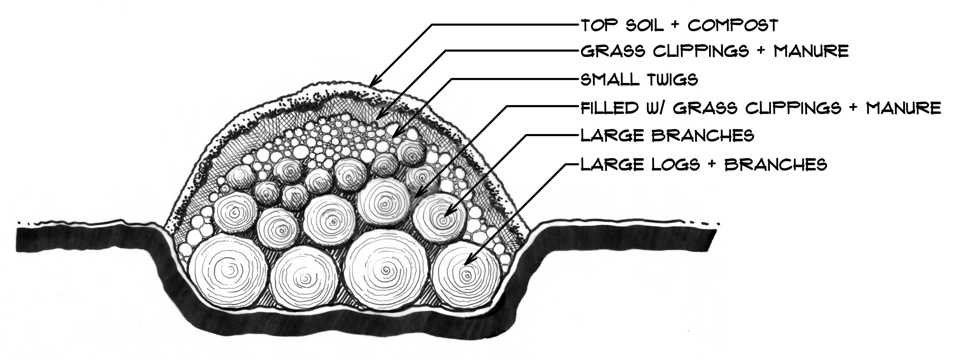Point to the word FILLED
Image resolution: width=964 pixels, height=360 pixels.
click(x=609, y=108)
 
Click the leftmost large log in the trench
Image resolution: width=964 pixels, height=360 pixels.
click(x=228, y=269)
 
